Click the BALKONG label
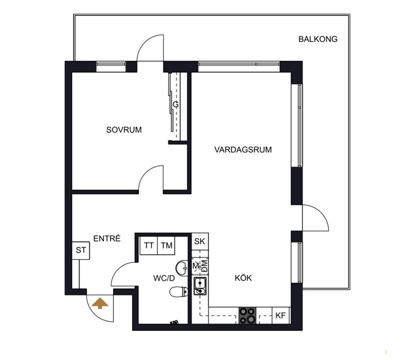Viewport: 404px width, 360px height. [318, 39]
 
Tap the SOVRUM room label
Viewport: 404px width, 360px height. [124, 130]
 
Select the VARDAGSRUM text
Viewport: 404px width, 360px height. [243, 149]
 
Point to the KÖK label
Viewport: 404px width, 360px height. [243, 278]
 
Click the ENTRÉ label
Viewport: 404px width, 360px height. [107, 238]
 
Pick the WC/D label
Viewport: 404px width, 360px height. [164, 278]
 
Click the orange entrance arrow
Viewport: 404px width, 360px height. [100, 303]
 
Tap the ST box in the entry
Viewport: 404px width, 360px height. [81, 250]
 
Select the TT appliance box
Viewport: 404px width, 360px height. [149, 246]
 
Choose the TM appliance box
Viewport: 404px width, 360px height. [167, 246]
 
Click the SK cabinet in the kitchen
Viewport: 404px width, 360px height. [200, 242]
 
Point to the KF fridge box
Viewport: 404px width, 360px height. [281, 315]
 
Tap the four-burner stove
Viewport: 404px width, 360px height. [247, 315]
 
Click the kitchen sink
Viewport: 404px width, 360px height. [200, 286]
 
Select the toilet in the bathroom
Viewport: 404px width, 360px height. [178, 292]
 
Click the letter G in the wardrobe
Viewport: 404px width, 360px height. [176, 104]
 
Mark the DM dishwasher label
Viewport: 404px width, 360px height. [204, 265]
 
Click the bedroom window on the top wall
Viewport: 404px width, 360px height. [111, 67]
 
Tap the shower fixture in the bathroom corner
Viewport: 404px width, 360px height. [174, 322]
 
